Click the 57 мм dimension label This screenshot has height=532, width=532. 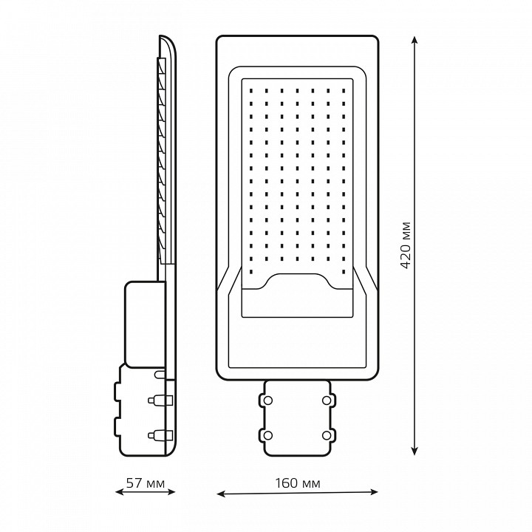tap(146, 483)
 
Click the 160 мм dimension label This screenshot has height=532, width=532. tap(297, 483)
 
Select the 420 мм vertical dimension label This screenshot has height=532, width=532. tap(406, 245)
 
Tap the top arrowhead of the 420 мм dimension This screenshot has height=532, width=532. tap(414, 41)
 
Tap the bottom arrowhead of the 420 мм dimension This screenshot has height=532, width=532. tap(414, 450)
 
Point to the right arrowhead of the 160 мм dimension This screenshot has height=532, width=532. tap(374, 491)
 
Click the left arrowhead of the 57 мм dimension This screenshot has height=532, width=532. tap(120, 491)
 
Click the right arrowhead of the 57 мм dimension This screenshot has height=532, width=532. tap(171, 491)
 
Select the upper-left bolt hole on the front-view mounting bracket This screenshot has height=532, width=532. tap(267, 400)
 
